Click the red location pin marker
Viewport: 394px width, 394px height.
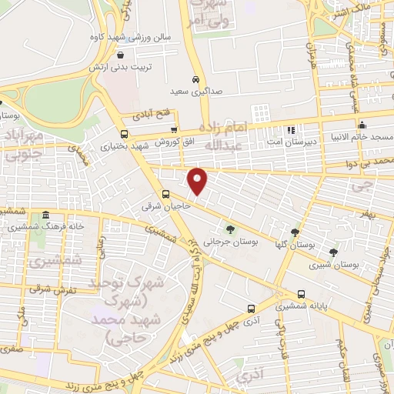[198, 180]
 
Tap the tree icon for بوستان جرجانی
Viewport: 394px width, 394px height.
[229, 229]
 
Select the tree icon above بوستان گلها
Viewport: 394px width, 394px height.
[295, 232]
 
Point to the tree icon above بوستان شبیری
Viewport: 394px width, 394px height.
[333, 252]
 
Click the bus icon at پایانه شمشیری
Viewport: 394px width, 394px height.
[301, 294]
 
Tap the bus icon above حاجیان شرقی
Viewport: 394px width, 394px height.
[165, 194]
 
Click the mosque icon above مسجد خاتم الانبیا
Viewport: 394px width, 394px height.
[362, 125]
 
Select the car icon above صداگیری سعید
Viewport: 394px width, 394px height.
[196, 79]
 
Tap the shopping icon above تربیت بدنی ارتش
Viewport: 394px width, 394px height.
[122, 55]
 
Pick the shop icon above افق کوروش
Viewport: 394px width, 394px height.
[174, 130]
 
